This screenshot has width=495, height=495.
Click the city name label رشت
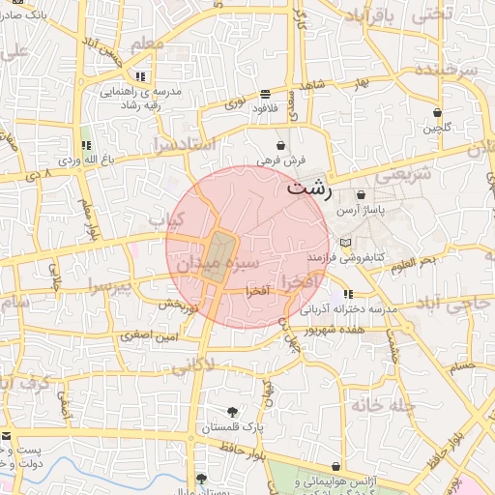click(309, 189)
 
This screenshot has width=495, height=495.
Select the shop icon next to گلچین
click(438, 112)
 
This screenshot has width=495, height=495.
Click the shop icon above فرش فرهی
click(281, 144)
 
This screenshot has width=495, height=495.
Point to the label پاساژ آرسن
click(361, 210)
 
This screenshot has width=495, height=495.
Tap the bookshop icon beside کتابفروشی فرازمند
click(347, 242)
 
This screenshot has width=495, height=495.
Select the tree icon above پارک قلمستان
click(232, 411)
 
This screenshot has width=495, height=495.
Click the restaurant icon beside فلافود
click(265, 95)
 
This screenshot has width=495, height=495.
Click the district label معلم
click(159, 45)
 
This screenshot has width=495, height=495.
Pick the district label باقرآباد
click(370, 17)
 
